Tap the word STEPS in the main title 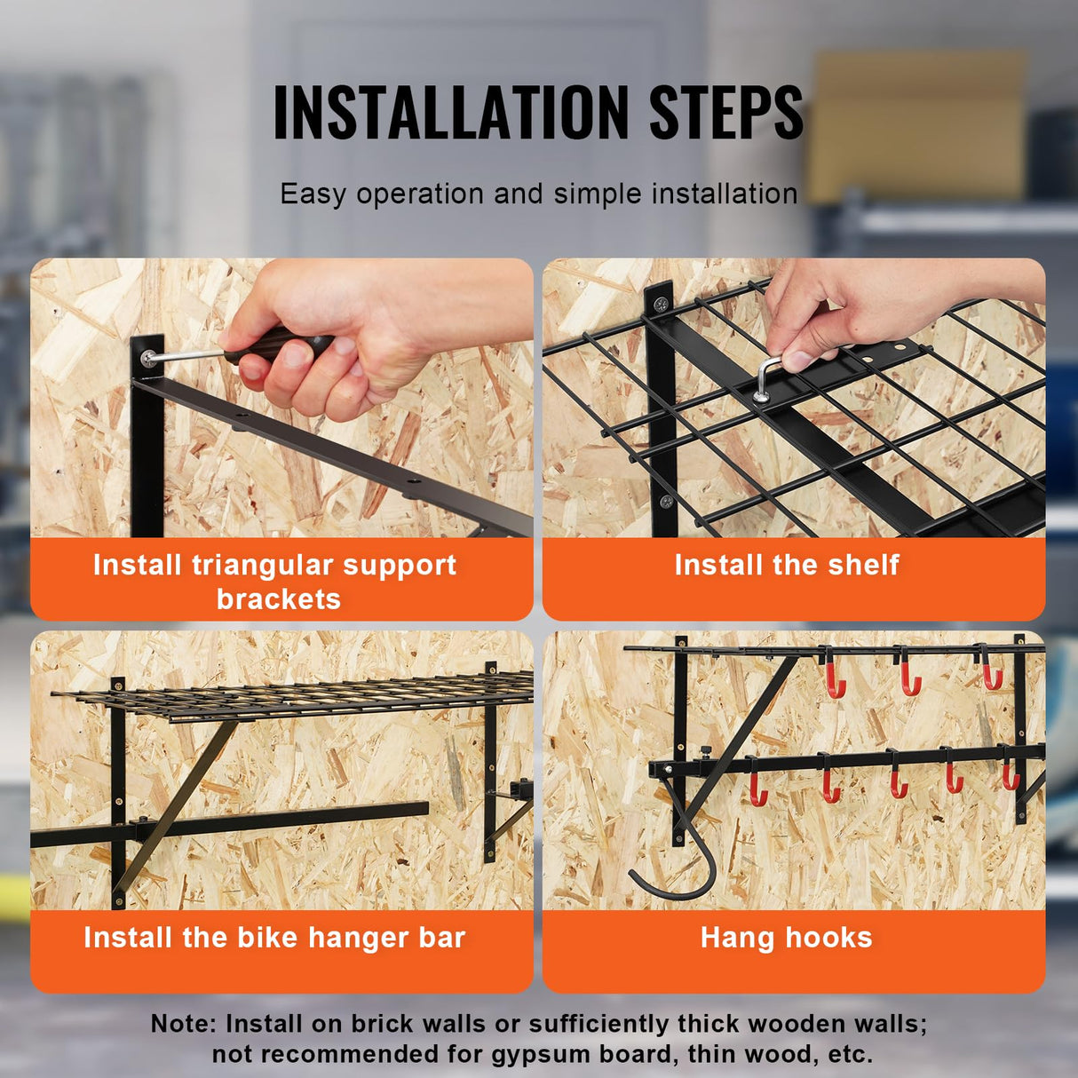coord(725,113)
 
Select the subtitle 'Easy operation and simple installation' coord(538,194)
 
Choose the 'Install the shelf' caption coord(787,565)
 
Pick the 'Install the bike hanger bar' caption coord(274,938)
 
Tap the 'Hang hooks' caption coord(787,938)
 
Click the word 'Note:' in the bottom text coord(183,1024)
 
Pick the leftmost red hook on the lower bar coord(757,785)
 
